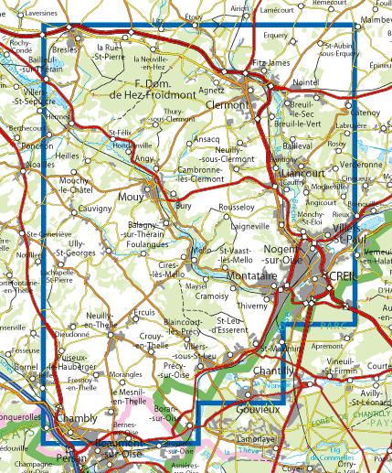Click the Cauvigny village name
(94, 209)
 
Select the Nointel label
(305, 82)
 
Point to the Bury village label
(183, 208)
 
